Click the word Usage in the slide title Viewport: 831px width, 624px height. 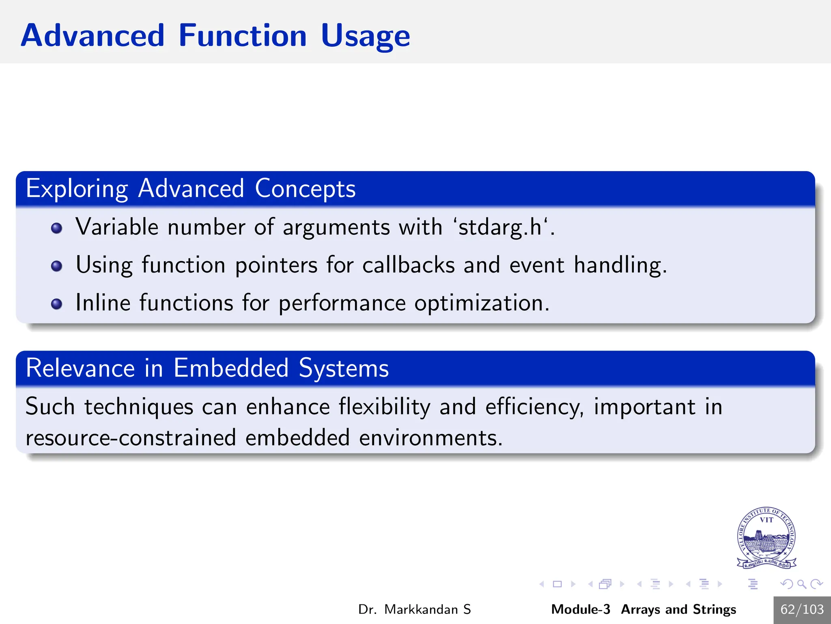[x=365, y=37]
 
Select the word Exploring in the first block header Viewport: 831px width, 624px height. [x=77, y=189]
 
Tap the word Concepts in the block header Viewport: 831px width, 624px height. [x=305, y=189]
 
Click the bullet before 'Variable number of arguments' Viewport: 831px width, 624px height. [x=57, y=228]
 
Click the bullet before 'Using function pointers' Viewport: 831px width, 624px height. [x=57, y=266]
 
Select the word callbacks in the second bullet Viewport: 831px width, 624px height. [x=408, y=266]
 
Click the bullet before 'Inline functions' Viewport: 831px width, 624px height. [x=57, y=304]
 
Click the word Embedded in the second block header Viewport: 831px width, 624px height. [x=231, y=368]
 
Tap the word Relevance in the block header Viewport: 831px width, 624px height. [x=80, y=368]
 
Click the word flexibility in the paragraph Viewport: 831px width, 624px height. [x=384, y=407]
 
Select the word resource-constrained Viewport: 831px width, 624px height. [x=131, y=438]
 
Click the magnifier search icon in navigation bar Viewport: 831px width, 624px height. [x=801, y=584]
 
